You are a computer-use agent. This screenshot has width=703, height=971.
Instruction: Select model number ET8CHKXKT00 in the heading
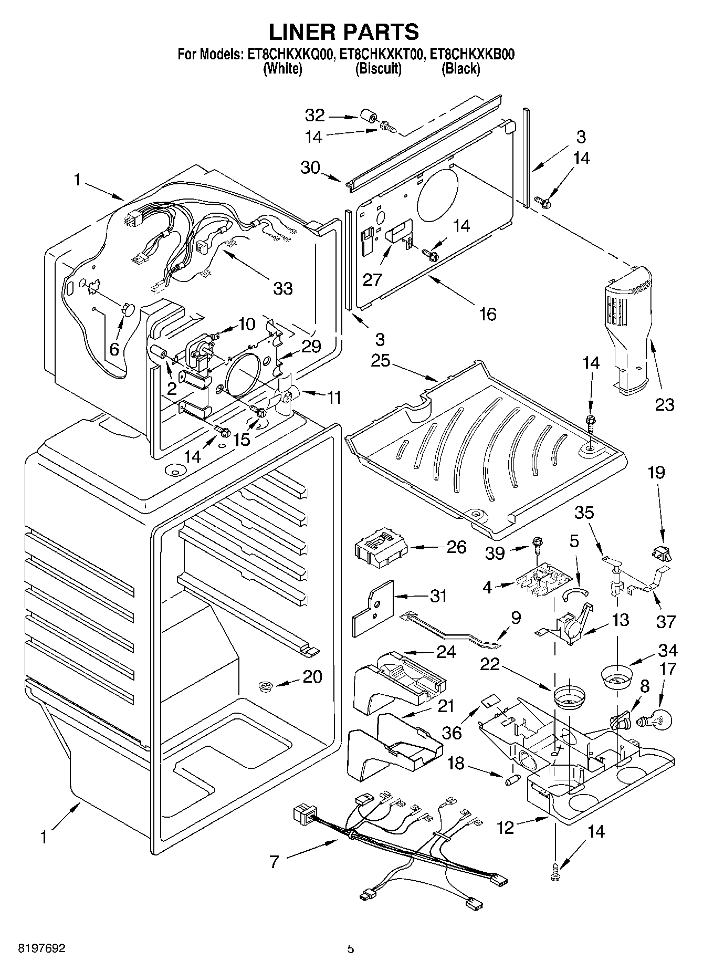[381, 54]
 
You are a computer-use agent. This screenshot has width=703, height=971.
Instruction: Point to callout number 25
[380, 361]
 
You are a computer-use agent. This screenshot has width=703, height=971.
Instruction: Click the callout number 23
[664, 404]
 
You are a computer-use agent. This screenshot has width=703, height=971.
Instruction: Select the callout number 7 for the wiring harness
[274, 862]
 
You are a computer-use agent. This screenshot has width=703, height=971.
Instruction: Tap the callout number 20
[312, 676]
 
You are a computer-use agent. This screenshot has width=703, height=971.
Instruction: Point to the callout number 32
[316, 116]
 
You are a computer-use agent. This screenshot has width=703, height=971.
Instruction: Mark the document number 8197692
[35, 949]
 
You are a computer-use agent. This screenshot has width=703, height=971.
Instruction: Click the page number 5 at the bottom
[350, 949]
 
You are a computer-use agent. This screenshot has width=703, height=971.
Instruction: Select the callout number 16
[487, 314]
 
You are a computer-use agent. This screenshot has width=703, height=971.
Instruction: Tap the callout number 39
[495, 553]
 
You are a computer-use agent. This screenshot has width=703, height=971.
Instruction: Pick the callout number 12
[506, 828]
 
